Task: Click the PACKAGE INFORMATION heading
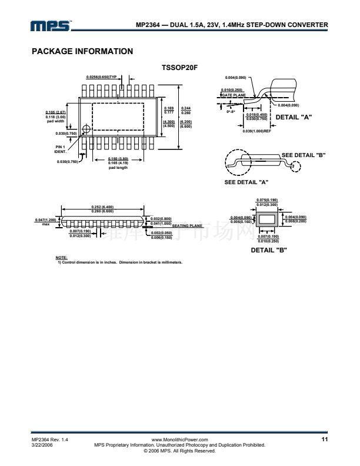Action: [x=82, y=51]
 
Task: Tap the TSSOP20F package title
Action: [x=179, y=68]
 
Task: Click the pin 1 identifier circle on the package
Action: [x=87, y=129]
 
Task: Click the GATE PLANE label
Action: [x=234, y=95]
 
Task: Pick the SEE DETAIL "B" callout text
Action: [x=304, y=155]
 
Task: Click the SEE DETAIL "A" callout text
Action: [x=247, y=181]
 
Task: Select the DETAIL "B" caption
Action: [x=269, y=250]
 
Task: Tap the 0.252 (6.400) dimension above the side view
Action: [x=103, y=206]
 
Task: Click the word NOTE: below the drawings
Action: [x=61, y=257]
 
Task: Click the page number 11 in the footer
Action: [x=324, y=440]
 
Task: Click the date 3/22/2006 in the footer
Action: [x=42, y=445]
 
